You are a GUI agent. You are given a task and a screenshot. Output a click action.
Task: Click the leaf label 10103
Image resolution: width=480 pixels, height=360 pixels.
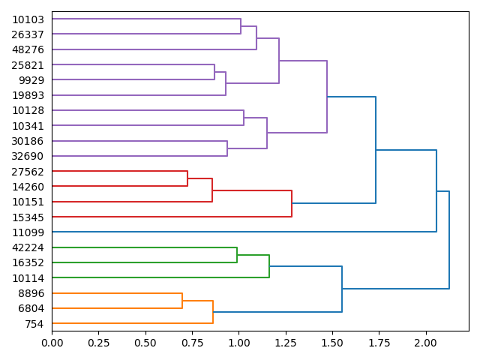28,19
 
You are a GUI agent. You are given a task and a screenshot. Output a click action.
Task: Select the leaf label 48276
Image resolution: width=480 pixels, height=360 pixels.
28,49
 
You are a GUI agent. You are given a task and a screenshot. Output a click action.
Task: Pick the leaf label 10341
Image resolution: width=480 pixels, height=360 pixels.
28,126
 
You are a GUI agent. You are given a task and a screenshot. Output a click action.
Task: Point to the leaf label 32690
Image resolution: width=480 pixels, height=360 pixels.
28,156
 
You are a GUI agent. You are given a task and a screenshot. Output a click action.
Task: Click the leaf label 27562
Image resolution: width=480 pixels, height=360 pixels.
28,172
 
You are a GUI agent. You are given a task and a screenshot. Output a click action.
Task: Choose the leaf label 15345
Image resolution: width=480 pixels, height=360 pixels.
28,217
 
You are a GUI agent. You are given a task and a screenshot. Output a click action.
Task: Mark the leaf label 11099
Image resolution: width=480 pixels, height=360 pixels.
28,232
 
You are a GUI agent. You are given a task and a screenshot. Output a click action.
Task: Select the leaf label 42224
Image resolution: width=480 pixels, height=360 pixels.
28,247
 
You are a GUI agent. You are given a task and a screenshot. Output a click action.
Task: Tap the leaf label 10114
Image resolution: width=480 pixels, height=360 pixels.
28,278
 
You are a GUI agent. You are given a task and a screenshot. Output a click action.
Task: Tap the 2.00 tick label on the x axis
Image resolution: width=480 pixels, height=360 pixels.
426,343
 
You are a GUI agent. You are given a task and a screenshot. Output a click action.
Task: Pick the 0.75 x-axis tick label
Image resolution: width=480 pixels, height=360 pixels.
192,343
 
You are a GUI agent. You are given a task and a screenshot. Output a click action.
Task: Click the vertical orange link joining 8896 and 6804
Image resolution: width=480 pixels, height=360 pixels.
182,301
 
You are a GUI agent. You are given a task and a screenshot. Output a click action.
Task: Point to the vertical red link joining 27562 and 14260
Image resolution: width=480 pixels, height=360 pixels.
187,179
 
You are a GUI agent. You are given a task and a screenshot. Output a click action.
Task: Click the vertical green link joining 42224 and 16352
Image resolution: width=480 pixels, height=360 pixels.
237,255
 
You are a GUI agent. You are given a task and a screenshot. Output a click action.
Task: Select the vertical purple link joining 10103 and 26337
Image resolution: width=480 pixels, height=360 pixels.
241,27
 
